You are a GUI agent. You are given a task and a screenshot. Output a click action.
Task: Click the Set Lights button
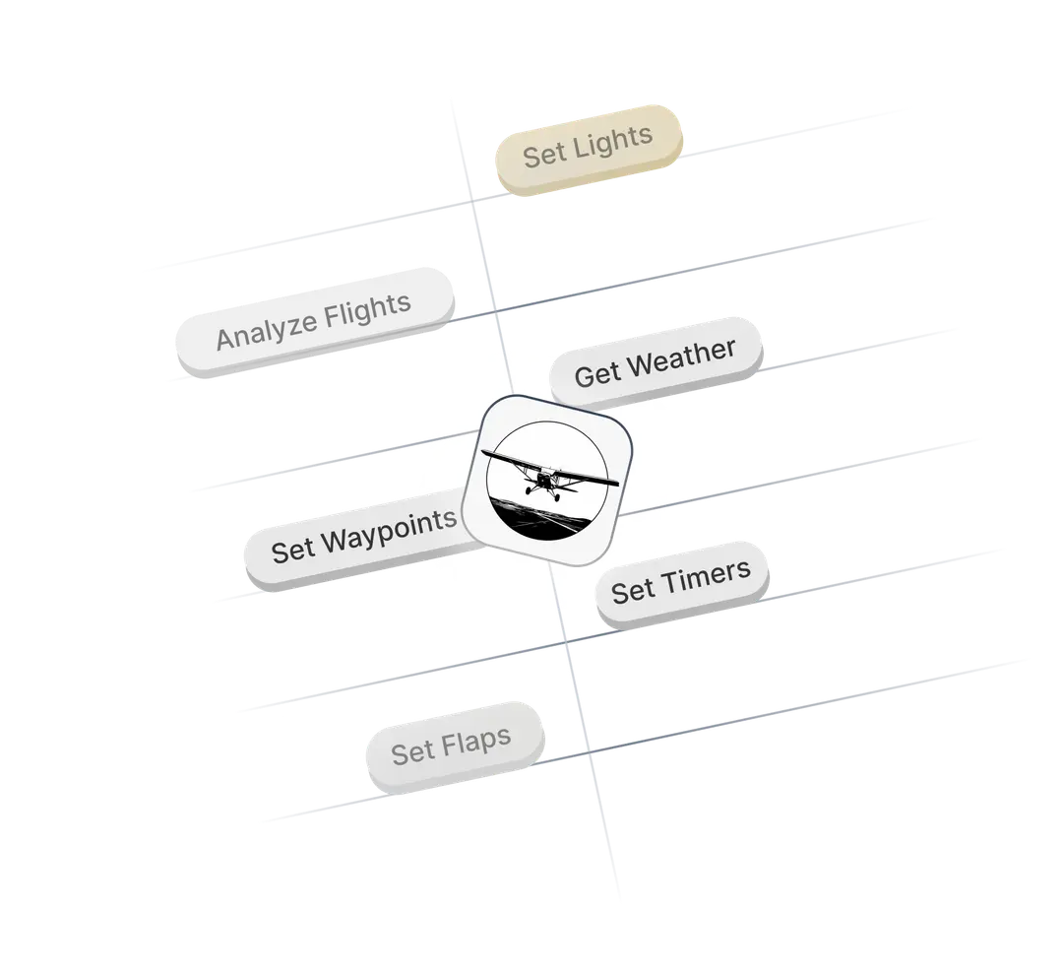pos(588,148)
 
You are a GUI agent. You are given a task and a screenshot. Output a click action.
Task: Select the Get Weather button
pos(656,361)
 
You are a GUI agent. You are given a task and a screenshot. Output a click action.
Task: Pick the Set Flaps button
pos(452,747)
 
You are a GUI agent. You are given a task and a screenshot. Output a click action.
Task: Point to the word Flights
pos(371,309)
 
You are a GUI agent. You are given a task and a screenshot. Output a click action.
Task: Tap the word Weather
pos(681,356)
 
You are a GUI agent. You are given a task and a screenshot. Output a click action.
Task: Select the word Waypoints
pos(390,531)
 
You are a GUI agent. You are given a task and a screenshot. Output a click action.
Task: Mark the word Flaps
pos(475,742)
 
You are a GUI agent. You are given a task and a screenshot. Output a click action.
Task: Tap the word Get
pos(597,373)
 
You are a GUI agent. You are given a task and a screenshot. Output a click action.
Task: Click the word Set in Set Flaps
pos(413,754)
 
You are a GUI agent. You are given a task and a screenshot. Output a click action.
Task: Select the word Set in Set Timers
pos(633,591)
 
